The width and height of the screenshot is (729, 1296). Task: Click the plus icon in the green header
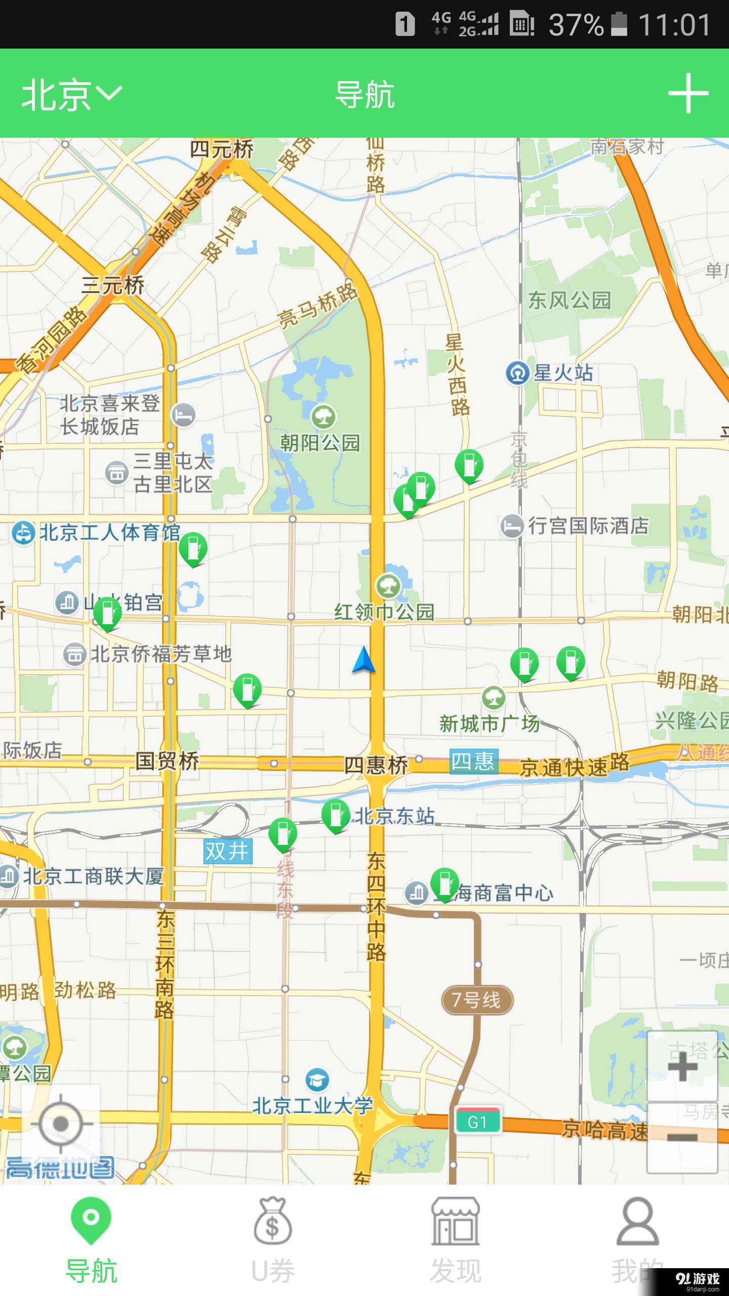687,94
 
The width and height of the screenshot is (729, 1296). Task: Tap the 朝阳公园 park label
320,443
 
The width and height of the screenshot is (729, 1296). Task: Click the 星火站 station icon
517,374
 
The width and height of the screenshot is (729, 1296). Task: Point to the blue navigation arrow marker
364,660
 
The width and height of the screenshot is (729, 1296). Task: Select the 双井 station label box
227,851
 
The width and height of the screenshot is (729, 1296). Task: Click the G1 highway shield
478,1122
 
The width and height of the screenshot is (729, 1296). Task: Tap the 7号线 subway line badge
477,1000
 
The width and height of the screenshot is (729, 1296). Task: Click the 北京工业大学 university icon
317,1080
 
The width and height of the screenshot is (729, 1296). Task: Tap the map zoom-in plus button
682,1066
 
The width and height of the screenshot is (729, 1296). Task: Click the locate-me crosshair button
61,1124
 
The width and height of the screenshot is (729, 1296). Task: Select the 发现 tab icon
455,1221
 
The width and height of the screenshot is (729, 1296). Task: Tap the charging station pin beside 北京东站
335,815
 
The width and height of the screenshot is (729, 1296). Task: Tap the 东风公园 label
570,300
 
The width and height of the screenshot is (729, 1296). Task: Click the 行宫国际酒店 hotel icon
512,526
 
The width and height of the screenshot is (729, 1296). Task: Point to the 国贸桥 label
167,761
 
